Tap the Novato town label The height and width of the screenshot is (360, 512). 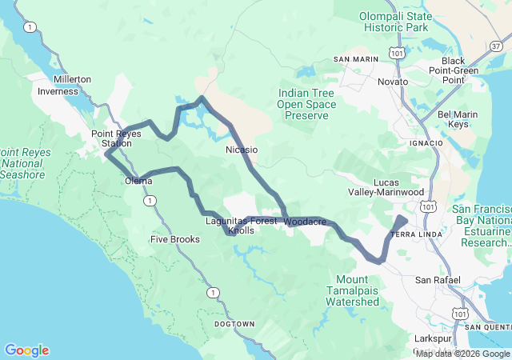393,82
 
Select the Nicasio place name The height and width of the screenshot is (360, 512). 242,150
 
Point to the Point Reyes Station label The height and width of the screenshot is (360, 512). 116,138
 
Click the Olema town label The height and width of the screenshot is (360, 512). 138,181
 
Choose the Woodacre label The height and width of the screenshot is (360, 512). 305,222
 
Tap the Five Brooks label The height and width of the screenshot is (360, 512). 175,239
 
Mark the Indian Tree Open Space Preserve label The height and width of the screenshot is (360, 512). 303,104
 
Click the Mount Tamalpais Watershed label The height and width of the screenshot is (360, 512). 352,290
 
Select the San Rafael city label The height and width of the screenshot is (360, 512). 438,280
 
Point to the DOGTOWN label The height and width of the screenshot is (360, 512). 234,324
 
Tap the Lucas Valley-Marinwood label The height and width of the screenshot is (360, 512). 386,187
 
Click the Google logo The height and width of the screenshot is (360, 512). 26,350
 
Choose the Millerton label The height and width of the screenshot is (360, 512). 73,79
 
